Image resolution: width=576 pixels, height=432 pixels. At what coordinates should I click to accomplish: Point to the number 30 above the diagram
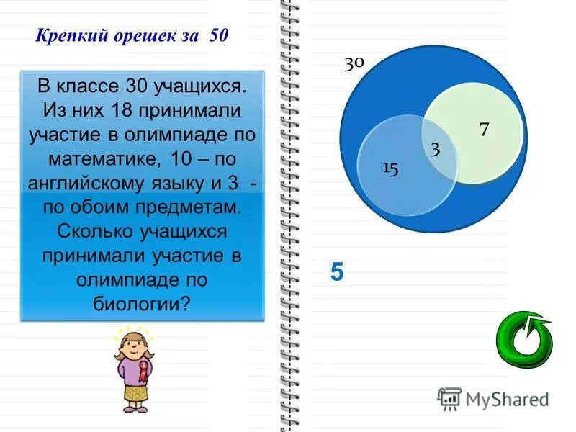click(354, 63)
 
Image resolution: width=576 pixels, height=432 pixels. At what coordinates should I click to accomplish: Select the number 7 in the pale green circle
click(485, 129)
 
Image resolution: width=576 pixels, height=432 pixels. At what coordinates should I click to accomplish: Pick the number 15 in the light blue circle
click(390, 168)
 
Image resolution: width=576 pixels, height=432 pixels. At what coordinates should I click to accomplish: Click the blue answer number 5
click(338, 272)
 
